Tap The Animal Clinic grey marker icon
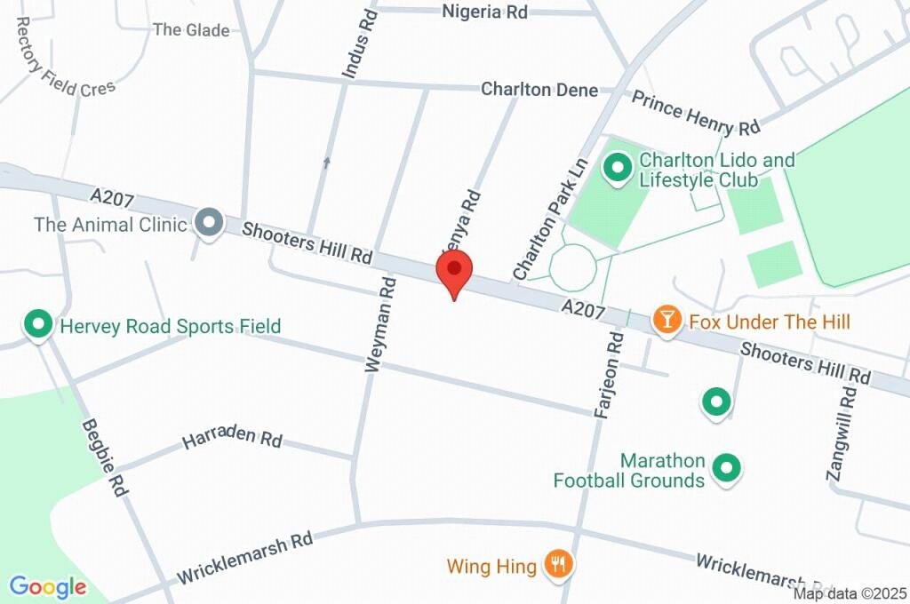point(210,223)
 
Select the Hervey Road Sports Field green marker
point(39,325)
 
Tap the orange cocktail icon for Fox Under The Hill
point(666,321)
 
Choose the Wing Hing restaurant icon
point(558,564)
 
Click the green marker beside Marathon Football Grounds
point(728,469)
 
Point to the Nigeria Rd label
point(485,12)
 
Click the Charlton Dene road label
point(539,90)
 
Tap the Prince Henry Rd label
point(696,112)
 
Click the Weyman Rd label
point(380,323)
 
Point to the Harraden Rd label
point(232,440)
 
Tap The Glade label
point(191,30)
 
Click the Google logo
point(48,586)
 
